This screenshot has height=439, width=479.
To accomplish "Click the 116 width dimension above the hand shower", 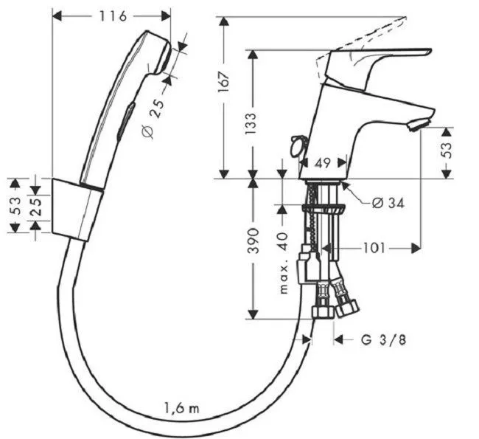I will pos(113,16).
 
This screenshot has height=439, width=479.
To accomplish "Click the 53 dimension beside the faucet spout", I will pos(447,151).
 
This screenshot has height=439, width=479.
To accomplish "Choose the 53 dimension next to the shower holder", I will pos(15,205).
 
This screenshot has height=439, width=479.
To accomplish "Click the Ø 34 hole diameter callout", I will pos(388,202).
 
